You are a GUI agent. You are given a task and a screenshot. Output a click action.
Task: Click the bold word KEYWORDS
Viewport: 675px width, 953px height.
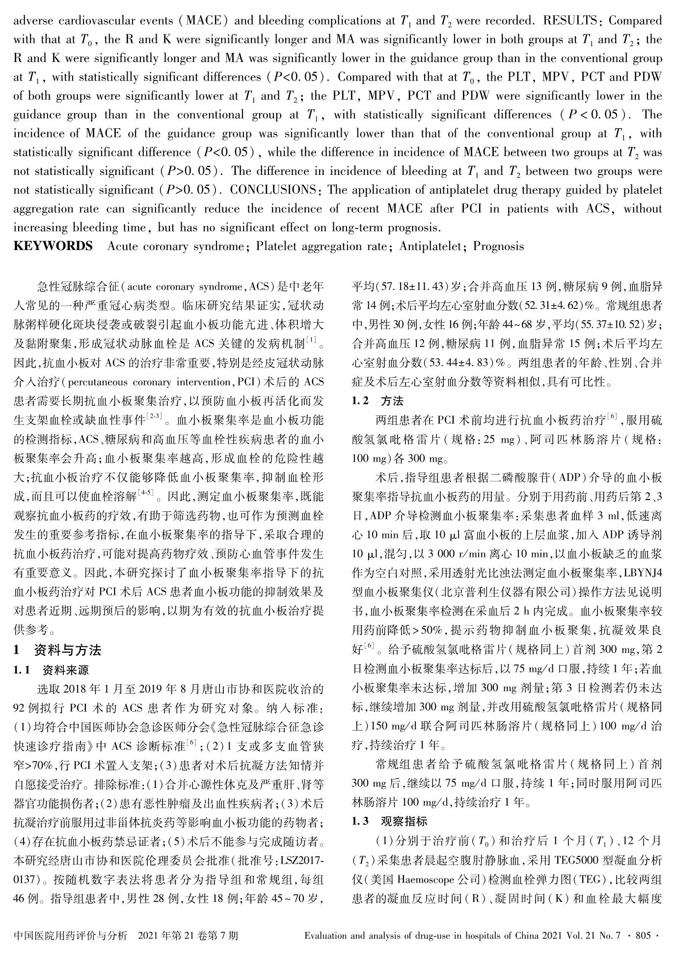coord(53,246)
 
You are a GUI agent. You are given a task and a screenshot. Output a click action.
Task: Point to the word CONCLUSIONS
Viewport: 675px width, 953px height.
coord(273,190)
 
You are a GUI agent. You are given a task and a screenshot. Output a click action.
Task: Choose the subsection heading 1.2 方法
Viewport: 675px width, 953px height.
coord(375,401)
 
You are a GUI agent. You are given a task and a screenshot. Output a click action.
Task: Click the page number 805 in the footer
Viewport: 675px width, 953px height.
coord(643,936)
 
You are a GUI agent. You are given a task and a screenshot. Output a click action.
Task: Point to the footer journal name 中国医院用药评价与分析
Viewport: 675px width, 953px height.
coord(71,936)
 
